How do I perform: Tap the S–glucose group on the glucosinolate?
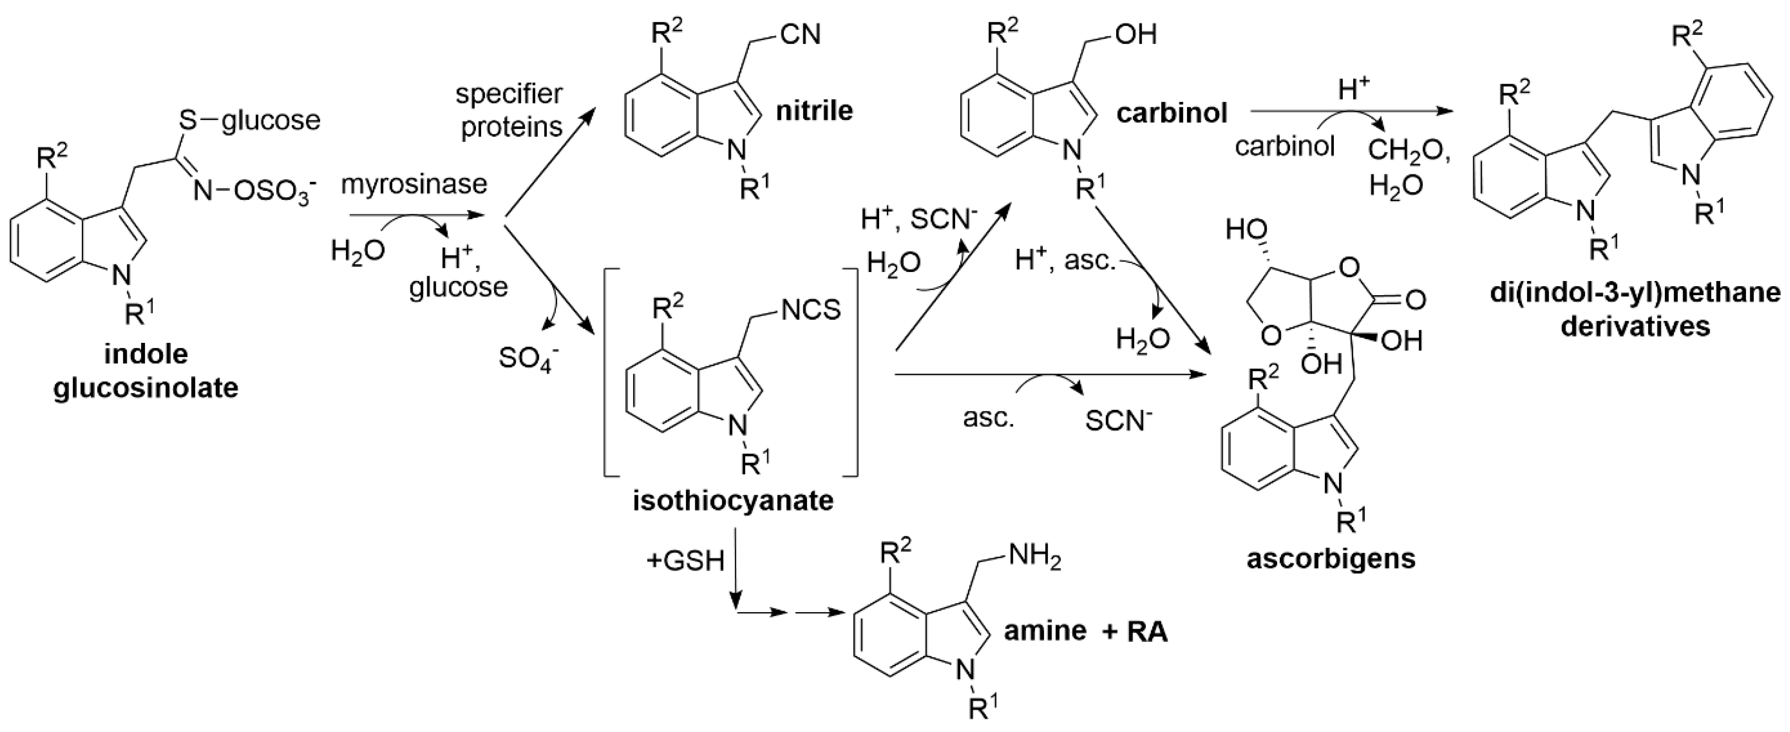click(250, 120)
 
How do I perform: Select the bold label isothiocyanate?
click(733, 501)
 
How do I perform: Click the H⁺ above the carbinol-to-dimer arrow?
click(1355, 91)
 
